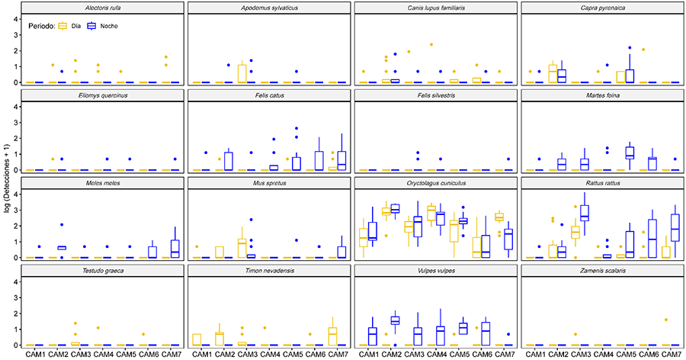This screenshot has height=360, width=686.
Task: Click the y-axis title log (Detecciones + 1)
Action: pos(8,183)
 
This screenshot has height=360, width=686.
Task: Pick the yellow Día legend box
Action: pos(63,26)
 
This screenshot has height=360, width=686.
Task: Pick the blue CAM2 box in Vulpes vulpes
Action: pos(395,320)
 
